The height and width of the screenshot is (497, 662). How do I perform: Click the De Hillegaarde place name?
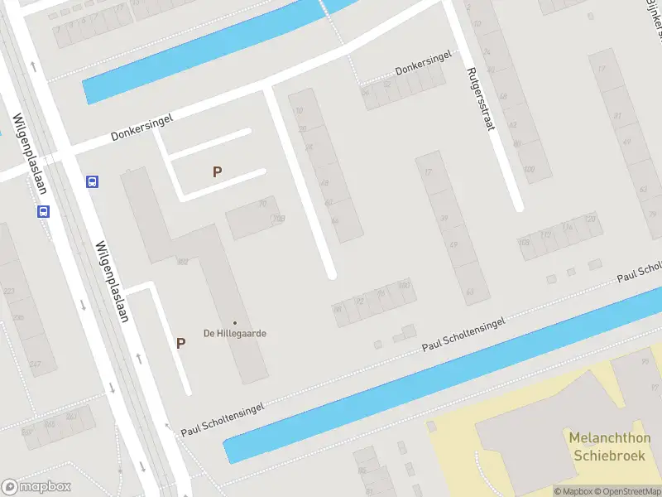tap(235, 334)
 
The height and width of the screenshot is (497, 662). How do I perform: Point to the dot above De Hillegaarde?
tap(235, 323)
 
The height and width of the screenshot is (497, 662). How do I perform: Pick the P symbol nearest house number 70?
tap(218, 172)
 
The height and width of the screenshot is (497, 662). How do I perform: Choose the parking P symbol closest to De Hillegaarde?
tap(180, 343)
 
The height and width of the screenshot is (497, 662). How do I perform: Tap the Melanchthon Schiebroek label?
tap(610, 446)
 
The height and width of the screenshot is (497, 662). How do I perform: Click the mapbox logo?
tap(36, 487)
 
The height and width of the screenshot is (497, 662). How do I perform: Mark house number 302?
tap(182, 262)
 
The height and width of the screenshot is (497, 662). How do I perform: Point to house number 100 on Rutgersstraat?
tap(530, 170)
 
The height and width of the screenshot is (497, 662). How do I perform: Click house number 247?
tap(36, 364)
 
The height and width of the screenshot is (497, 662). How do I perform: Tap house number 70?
tap(263, 203)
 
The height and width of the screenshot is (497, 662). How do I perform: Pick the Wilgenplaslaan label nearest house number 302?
tap(113, 282)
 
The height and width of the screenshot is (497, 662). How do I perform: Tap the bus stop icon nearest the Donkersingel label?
tap(94, 181)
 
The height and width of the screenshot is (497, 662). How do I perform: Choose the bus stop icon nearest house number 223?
tap(43, 211)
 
